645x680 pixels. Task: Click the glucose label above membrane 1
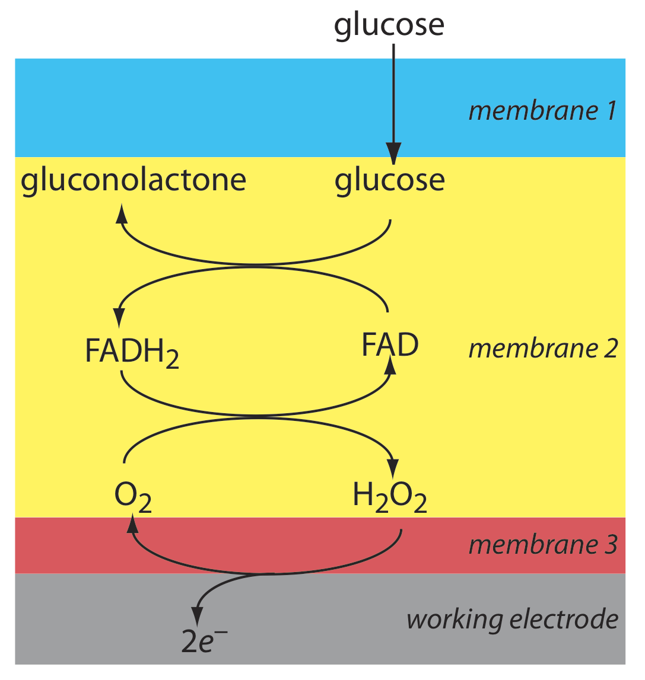point(389,25)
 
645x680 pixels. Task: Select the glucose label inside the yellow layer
point(389,180)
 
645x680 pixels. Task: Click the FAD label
point(390,345)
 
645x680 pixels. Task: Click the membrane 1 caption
point(543,111)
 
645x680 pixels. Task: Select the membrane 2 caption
point(543,349)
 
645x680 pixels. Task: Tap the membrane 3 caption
point(543,544)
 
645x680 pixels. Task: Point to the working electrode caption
point(512,620)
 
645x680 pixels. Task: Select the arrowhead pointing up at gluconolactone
point(122,212)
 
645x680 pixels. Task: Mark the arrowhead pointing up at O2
point(132,522)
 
